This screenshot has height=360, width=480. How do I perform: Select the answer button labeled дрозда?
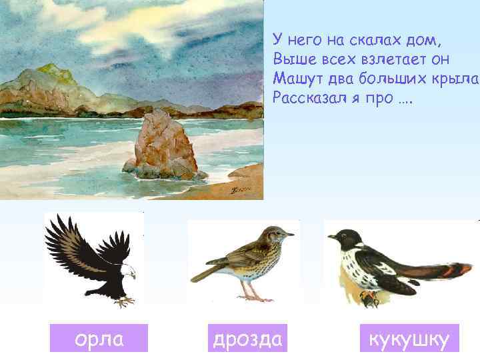click(247, 339)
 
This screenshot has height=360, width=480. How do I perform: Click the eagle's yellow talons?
click(123, 301)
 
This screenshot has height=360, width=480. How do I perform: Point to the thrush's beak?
click(289, 235)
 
